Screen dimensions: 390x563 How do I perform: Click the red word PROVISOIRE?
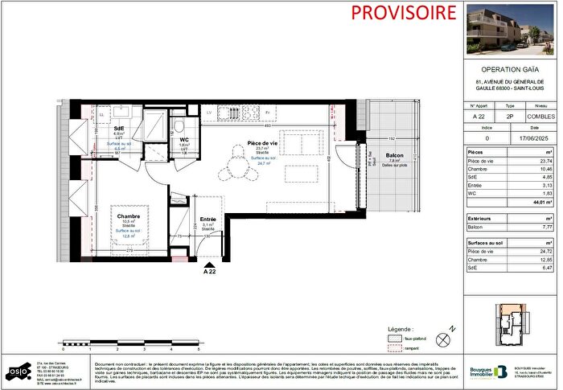394,13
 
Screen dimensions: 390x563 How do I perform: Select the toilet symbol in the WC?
181,126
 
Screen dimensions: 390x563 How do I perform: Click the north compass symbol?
442,339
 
